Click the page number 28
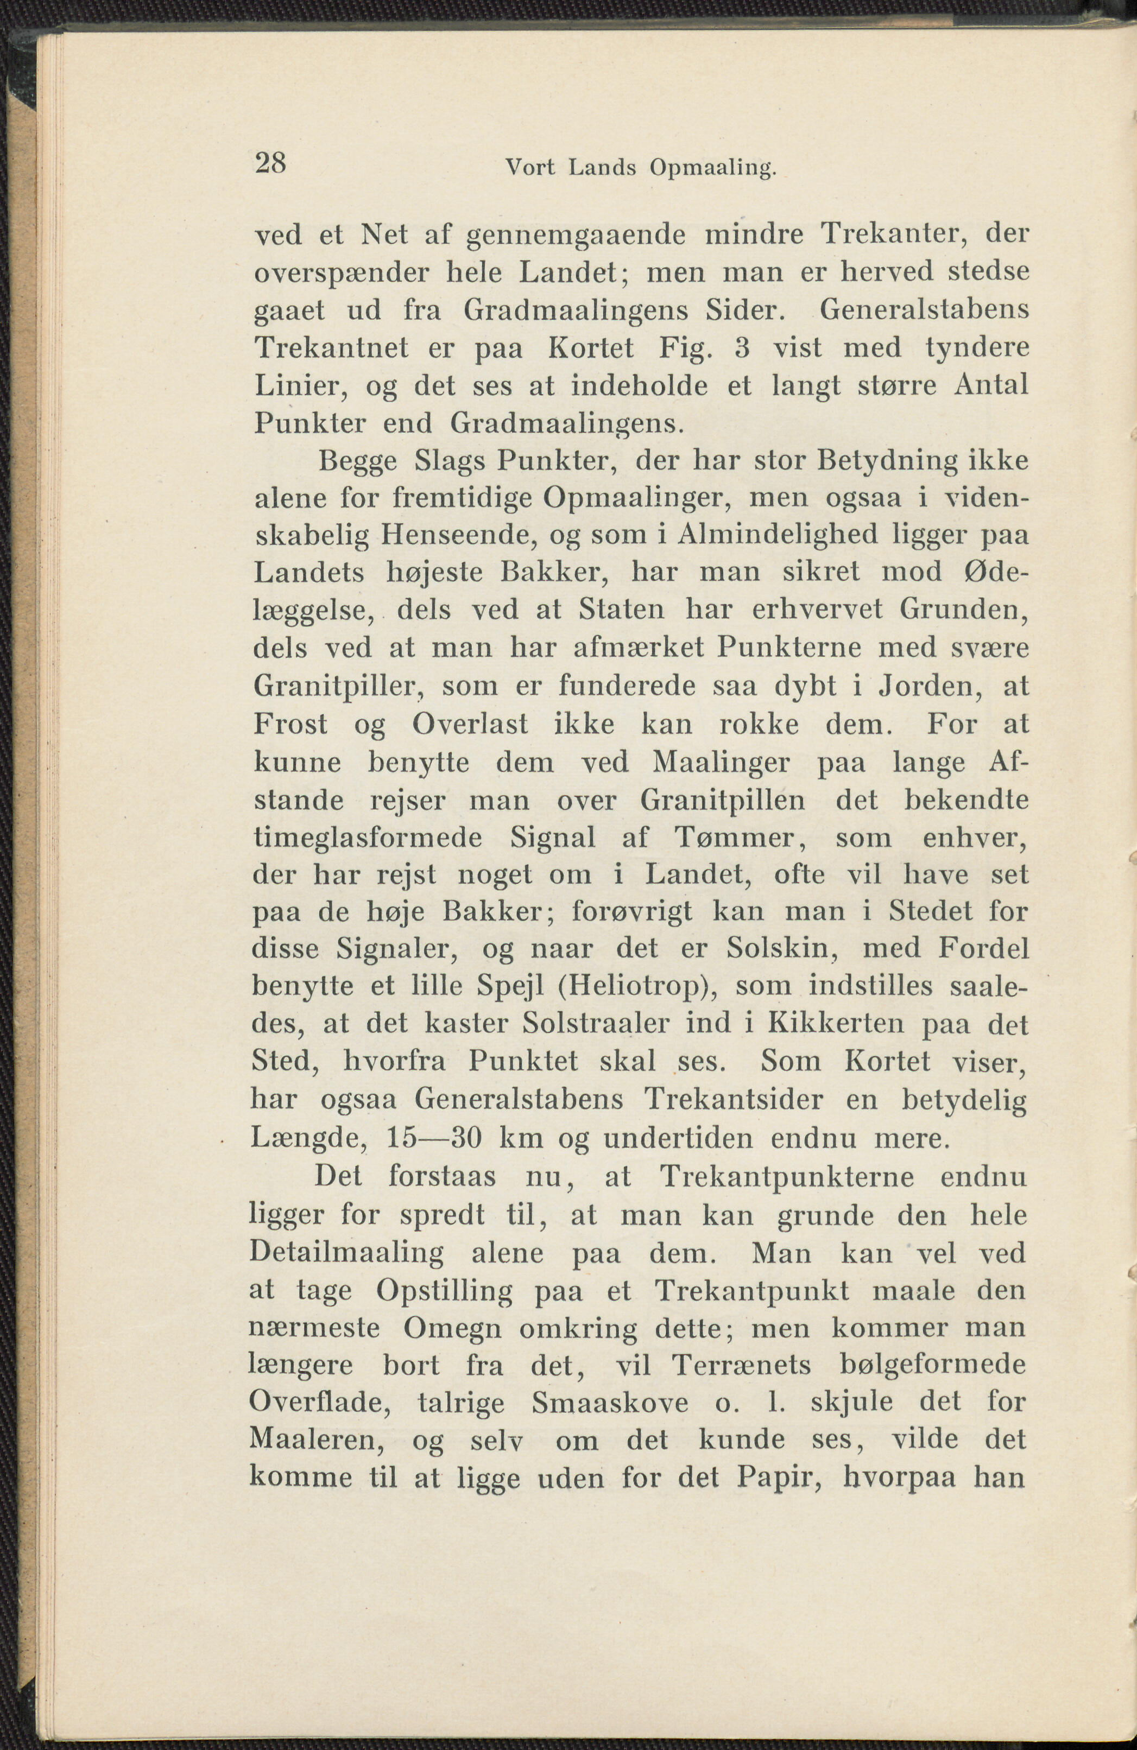(x=270, y=162)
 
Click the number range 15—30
(x=434, y=1138)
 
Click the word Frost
(x=290, y=724)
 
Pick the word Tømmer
(x=734, y=837)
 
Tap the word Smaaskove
(x=610, y=1402)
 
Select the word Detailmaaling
(x=346, y=1252)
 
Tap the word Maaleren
(x=318, y=1440)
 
